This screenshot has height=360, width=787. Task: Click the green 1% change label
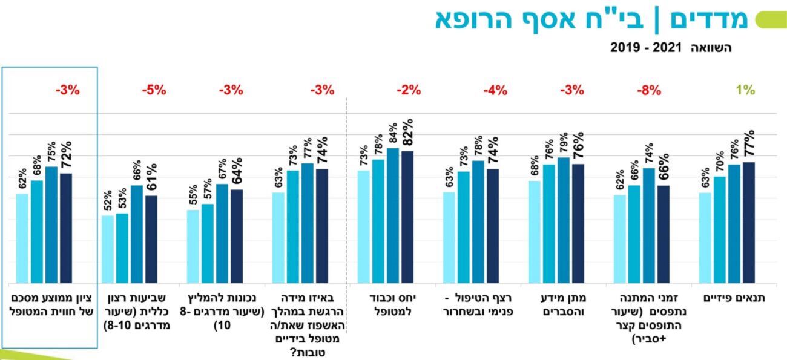[x=745, y=91]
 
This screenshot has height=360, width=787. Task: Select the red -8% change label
[x=648, y=91]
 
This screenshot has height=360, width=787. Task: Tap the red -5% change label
[x=154, y=91]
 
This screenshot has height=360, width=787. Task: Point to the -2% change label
[x=409, y=91]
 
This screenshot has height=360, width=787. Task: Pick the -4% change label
[x=495, y=91]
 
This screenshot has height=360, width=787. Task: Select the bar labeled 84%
[x=393, y=215]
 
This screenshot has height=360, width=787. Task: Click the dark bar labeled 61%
[x=151, y=239]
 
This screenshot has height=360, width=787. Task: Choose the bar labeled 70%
[x=720, y=230]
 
